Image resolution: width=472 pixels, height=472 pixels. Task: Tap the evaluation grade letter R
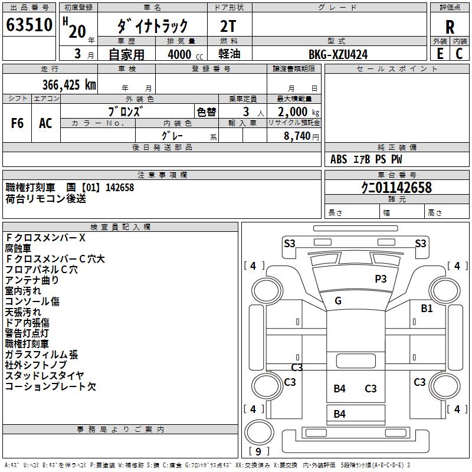click(x=450, y=27)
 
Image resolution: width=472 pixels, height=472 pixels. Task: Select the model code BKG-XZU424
click(x=338, y=54)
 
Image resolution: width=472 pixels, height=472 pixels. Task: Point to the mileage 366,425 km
click(x=69, y=84)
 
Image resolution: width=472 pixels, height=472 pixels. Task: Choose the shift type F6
click(x=18, y=123)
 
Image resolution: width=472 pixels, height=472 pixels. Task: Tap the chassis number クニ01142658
click(x=396, y=188)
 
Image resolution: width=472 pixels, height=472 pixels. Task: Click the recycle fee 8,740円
click(x=301, y=136)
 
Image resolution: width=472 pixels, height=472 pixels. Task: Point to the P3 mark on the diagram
click(x=381, y=278)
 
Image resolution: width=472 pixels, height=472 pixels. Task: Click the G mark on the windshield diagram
click(x=338, y=301)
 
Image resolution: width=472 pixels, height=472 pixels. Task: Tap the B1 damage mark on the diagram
click(x=427, y=308)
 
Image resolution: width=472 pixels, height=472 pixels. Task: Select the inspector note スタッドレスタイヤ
click(x=45, y=376)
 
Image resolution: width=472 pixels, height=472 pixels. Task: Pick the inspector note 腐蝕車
click(x=18, y=248)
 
